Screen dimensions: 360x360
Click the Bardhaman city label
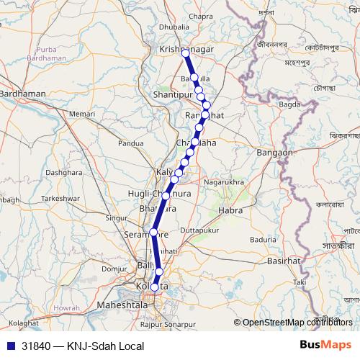24,94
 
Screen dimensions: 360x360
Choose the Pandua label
131,143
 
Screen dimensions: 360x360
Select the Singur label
116,217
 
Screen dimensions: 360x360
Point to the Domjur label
114,268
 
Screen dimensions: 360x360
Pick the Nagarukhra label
225,183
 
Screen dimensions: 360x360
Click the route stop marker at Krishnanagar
186,53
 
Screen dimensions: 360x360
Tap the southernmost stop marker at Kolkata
155,287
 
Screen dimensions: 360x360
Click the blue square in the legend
9,346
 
